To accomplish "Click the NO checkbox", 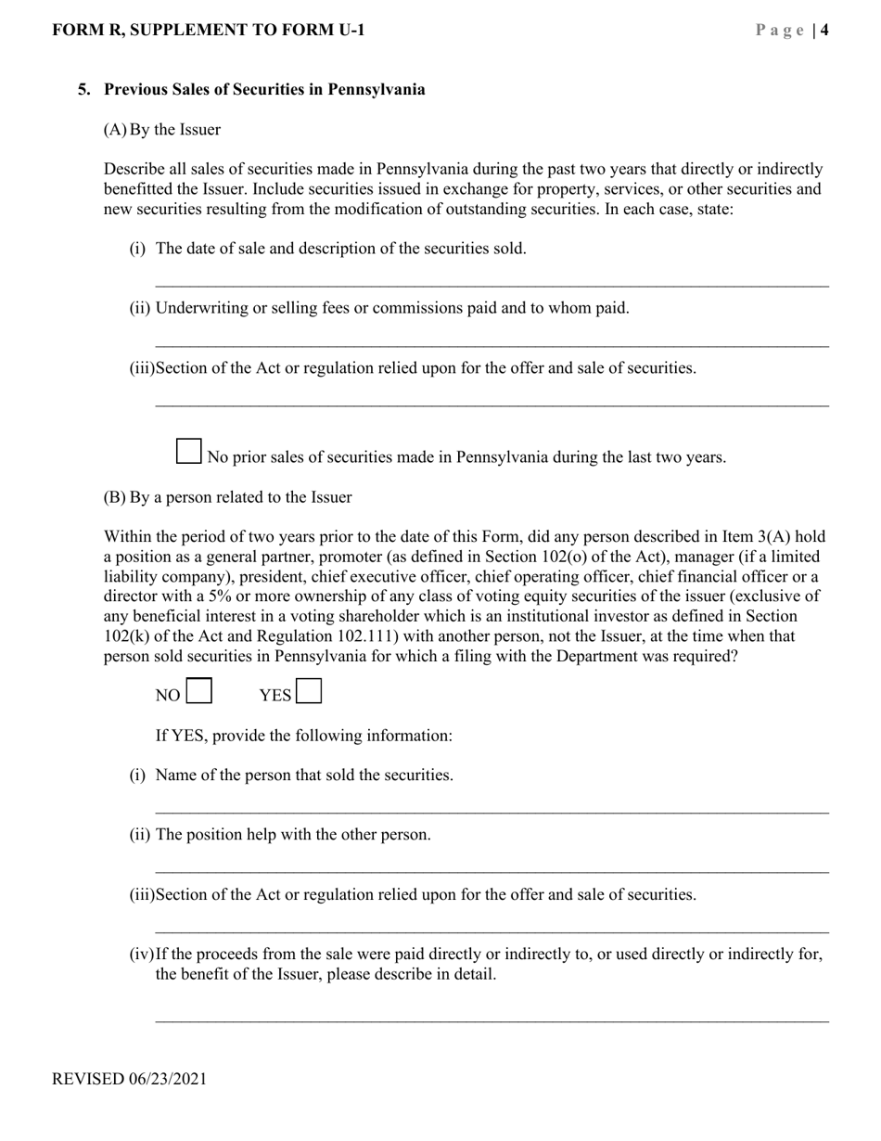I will [x=199, y=692].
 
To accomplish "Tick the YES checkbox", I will [x=309, y=692].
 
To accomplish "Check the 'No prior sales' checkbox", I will [x=188, y=452].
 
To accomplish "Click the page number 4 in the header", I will [x=824, y=31].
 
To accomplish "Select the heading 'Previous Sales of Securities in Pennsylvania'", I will [x=264, y=90].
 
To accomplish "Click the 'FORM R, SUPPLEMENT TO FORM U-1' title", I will [x=209, y=31].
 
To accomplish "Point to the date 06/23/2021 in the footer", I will [x=168, y=1079].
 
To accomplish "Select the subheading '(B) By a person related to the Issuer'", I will [x=227, y=497].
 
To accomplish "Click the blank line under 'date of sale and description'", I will [x=492, y=284].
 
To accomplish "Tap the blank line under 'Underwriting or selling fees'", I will [x=492, y=344].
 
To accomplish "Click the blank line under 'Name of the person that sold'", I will [x=492, y=812].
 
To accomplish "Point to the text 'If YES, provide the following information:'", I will [x=304, y=736].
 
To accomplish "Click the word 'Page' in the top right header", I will [x=780, y=31].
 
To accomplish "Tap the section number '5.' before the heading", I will [x=84, y=90].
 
